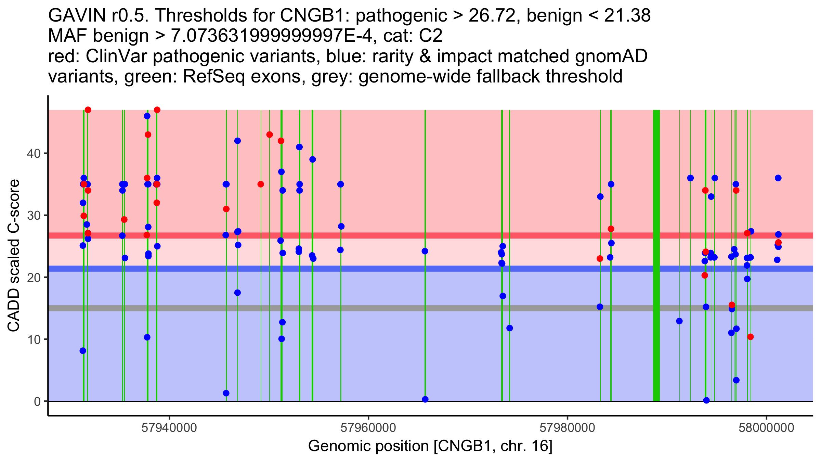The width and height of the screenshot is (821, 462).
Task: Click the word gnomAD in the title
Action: click(611, 56)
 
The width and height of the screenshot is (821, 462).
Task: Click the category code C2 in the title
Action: click(431, 36)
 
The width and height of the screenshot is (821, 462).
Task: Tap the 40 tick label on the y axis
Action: click(33, 153)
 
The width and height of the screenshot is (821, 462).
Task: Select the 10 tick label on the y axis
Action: click(33, 339)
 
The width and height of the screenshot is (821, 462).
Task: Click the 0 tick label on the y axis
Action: click(37, 401)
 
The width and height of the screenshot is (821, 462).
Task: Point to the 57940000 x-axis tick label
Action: click(169, 428)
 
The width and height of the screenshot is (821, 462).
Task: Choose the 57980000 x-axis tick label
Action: click(568, 428)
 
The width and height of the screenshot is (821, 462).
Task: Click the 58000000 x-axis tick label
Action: click(767, 428)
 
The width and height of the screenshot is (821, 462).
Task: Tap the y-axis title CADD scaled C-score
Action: click(14, 256)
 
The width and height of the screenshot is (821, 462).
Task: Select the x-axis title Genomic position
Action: click(368, 446)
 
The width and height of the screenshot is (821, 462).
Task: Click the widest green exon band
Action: click(656, 255)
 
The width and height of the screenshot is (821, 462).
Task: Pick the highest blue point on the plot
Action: click(147, 116)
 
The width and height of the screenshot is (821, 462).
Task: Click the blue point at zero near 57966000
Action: click(425, 399)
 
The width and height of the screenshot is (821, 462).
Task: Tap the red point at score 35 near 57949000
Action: click(261, 184)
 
